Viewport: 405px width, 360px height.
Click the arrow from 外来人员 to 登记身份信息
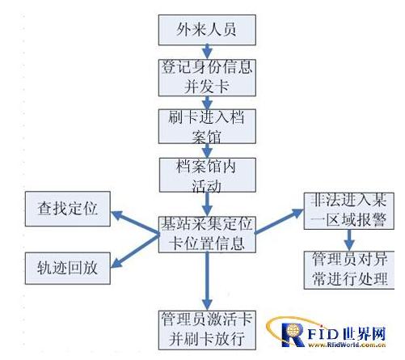[x=207, y=53]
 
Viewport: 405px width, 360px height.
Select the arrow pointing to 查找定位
[x=133, y=221]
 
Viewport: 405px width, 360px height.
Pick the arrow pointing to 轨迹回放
[x=133, y=249]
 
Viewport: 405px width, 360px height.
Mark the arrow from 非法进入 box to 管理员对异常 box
[x=349, y=239]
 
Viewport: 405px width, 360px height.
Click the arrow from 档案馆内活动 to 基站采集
[x=206, y=202]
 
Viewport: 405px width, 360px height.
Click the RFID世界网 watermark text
[x=352, y=332]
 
